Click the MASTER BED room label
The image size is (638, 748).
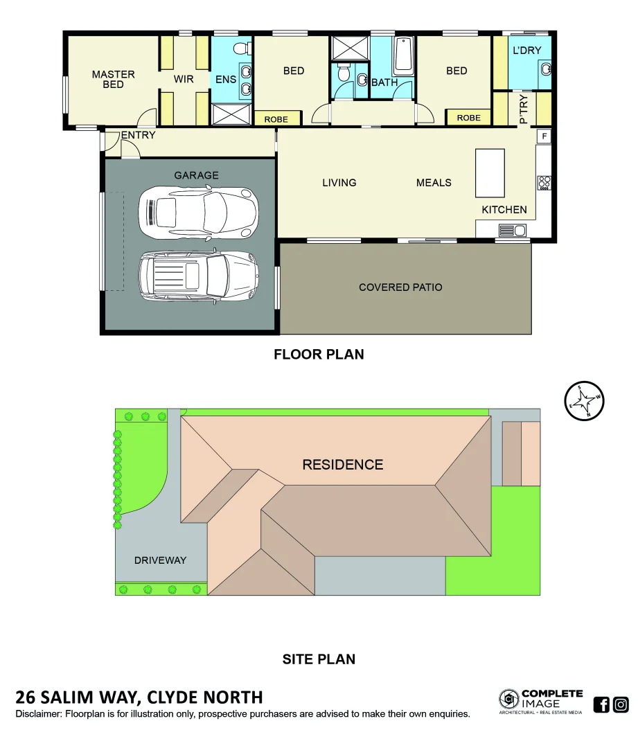[113, 79]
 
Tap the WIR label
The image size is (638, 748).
[184, 79]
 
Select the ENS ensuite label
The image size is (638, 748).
[226, 80]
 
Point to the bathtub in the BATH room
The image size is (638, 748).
[403, 57]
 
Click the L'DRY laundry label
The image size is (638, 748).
[526, 51]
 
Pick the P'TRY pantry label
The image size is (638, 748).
[523, 109]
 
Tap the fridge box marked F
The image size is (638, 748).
[544, 136]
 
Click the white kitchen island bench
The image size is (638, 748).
[490, 173]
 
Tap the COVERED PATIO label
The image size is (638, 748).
[400, 287]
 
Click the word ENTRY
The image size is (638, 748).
[138, 135]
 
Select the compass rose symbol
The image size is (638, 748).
[584, 401]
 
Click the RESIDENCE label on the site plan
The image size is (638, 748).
[342, 464]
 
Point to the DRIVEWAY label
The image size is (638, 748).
[160, 560]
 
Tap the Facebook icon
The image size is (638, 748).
[601, 705]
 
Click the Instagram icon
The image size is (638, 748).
[621, 705]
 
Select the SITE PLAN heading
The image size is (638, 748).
[319, 659]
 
